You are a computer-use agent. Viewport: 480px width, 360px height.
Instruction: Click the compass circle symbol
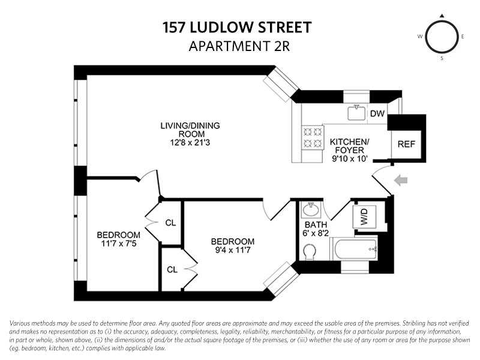(442, 37)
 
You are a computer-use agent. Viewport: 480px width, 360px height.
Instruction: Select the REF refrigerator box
(406, 145)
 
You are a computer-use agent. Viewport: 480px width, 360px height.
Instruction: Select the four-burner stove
(312, 137)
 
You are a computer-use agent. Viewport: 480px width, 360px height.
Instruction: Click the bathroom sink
(311, 211)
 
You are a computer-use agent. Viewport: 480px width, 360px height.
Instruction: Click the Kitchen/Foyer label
(350, 146)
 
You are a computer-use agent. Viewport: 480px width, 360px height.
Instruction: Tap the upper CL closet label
(170, 223)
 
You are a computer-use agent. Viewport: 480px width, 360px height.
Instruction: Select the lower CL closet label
(170, 269)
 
